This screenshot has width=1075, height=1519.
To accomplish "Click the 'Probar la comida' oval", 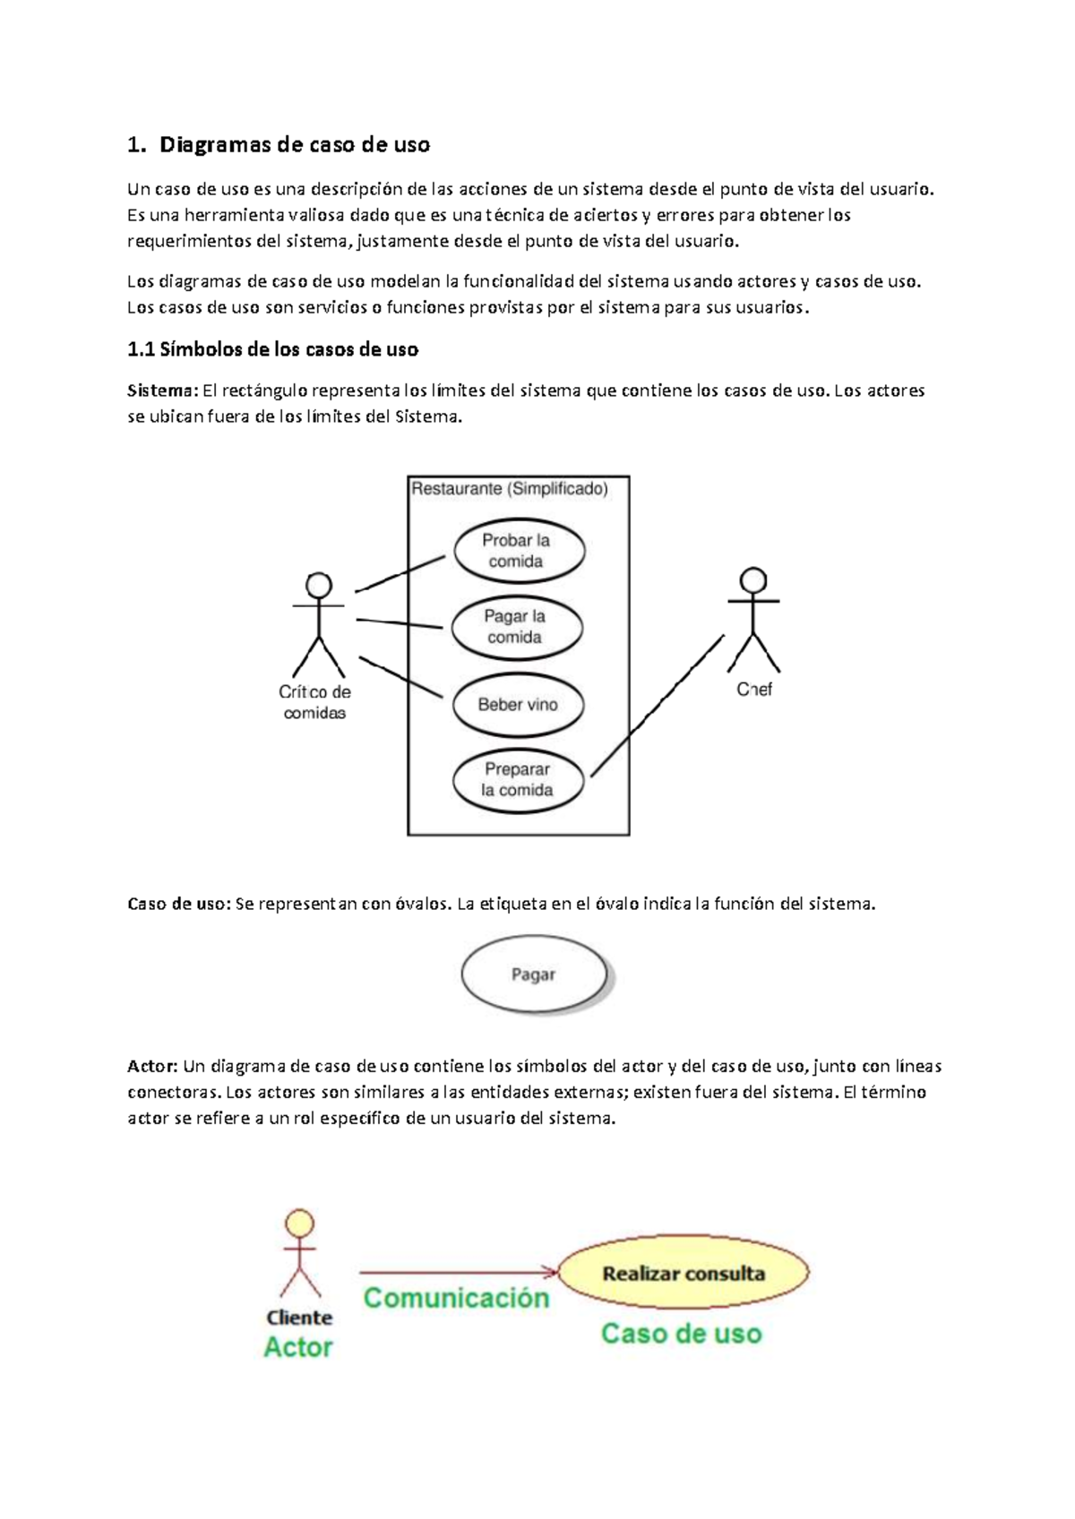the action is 519,551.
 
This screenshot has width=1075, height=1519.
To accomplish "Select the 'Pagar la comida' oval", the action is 517,627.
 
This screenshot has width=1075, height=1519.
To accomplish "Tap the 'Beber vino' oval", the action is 518,705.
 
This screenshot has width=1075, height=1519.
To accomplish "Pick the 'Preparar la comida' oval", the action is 518,780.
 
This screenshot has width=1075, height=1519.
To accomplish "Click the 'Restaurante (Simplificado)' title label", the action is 509,489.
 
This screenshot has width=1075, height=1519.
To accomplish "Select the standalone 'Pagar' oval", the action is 534,974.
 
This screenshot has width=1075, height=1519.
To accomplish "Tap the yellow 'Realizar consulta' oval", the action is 684,1273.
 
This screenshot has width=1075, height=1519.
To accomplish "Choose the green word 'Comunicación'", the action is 456,1298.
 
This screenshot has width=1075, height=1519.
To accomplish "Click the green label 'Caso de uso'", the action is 681,1334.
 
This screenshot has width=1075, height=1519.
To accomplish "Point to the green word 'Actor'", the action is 298,1347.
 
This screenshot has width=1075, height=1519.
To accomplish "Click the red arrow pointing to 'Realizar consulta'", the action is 457,1272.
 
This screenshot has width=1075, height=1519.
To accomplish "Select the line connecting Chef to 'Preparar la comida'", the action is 657,706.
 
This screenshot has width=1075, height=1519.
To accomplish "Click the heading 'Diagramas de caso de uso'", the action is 295,145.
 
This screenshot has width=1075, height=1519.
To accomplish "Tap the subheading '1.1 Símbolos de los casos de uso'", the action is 273,349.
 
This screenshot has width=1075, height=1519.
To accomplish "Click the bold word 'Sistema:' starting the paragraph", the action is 162,390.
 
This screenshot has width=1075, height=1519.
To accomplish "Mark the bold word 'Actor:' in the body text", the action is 153,1066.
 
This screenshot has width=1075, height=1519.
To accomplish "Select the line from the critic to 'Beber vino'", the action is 400,676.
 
